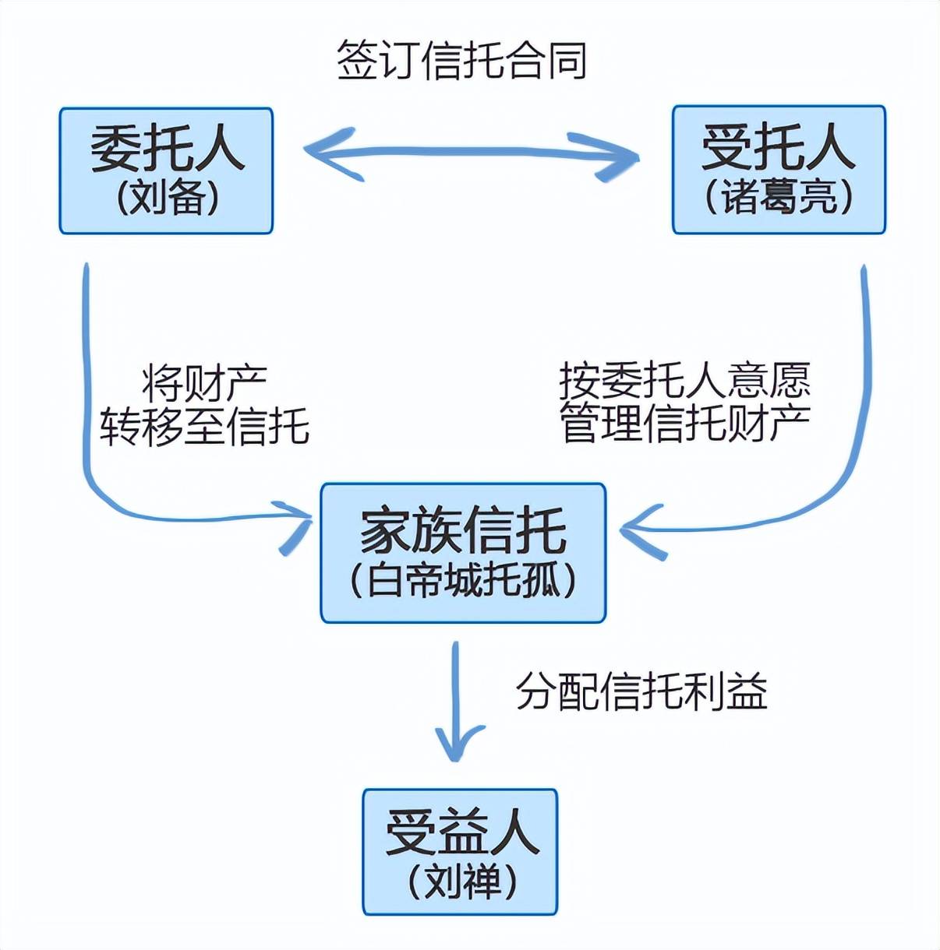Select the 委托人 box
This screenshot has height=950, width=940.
166,171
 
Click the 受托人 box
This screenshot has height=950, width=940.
779,170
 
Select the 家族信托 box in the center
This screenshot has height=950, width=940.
463,553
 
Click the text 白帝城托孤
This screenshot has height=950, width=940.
463,580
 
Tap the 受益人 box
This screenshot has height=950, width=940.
460,851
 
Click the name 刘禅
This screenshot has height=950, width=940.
461,881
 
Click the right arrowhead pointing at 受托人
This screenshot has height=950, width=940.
620,157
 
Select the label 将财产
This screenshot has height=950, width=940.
204,383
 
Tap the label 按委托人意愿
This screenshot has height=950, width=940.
684,381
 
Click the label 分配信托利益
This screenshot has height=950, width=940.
641,690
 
